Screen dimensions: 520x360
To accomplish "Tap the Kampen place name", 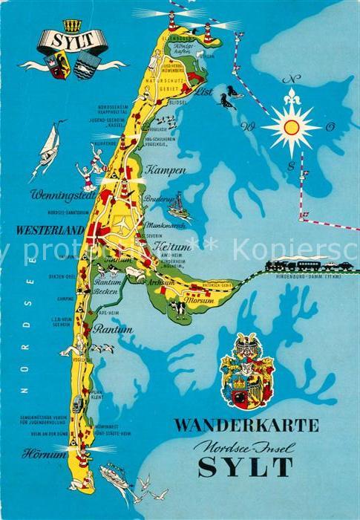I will [x=167, y=170].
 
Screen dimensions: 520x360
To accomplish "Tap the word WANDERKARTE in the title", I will [x=246, y=426].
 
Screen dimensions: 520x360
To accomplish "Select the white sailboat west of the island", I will [x=47, y=149].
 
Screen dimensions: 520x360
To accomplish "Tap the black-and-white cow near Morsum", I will [x=180, y=307].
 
